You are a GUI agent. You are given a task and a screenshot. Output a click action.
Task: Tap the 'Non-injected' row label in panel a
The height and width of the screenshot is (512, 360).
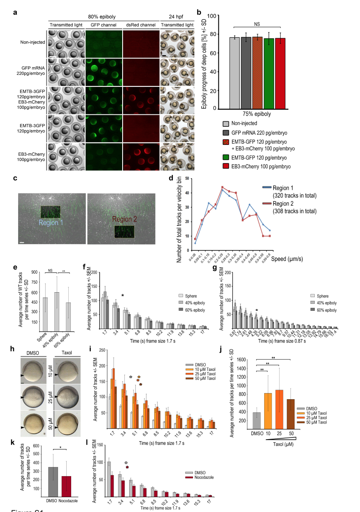[33, 42]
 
